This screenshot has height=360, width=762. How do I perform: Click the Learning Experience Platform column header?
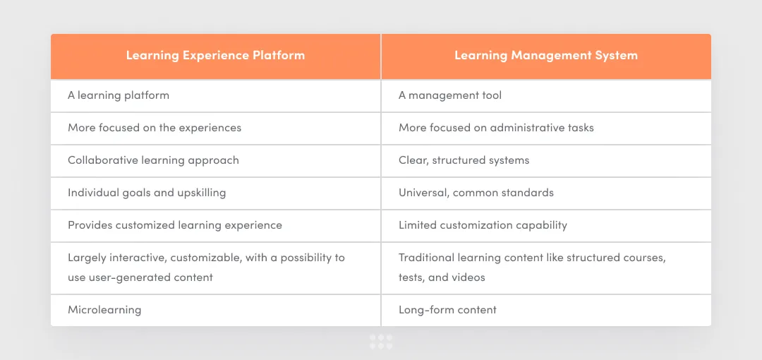(x=215, y=55)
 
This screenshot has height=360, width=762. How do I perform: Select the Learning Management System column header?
(x=545, y=55)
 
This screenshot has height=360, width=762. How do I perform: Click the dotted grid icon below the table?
(x=381, y=342)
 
